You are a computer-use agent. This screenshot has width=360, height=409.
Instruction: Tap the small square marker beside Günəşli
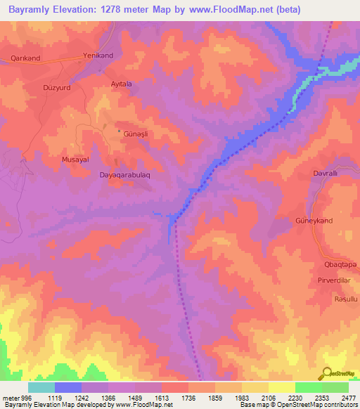pyautogui.click(x=118, y=131)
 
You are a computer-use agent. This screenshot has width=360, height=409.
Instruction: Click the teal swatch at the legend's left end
pyautogui.click(x=41, y=387)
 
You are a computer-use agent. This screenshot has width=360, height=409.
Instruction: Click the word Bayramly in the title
pyautogui.click(x=27, y=10)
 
